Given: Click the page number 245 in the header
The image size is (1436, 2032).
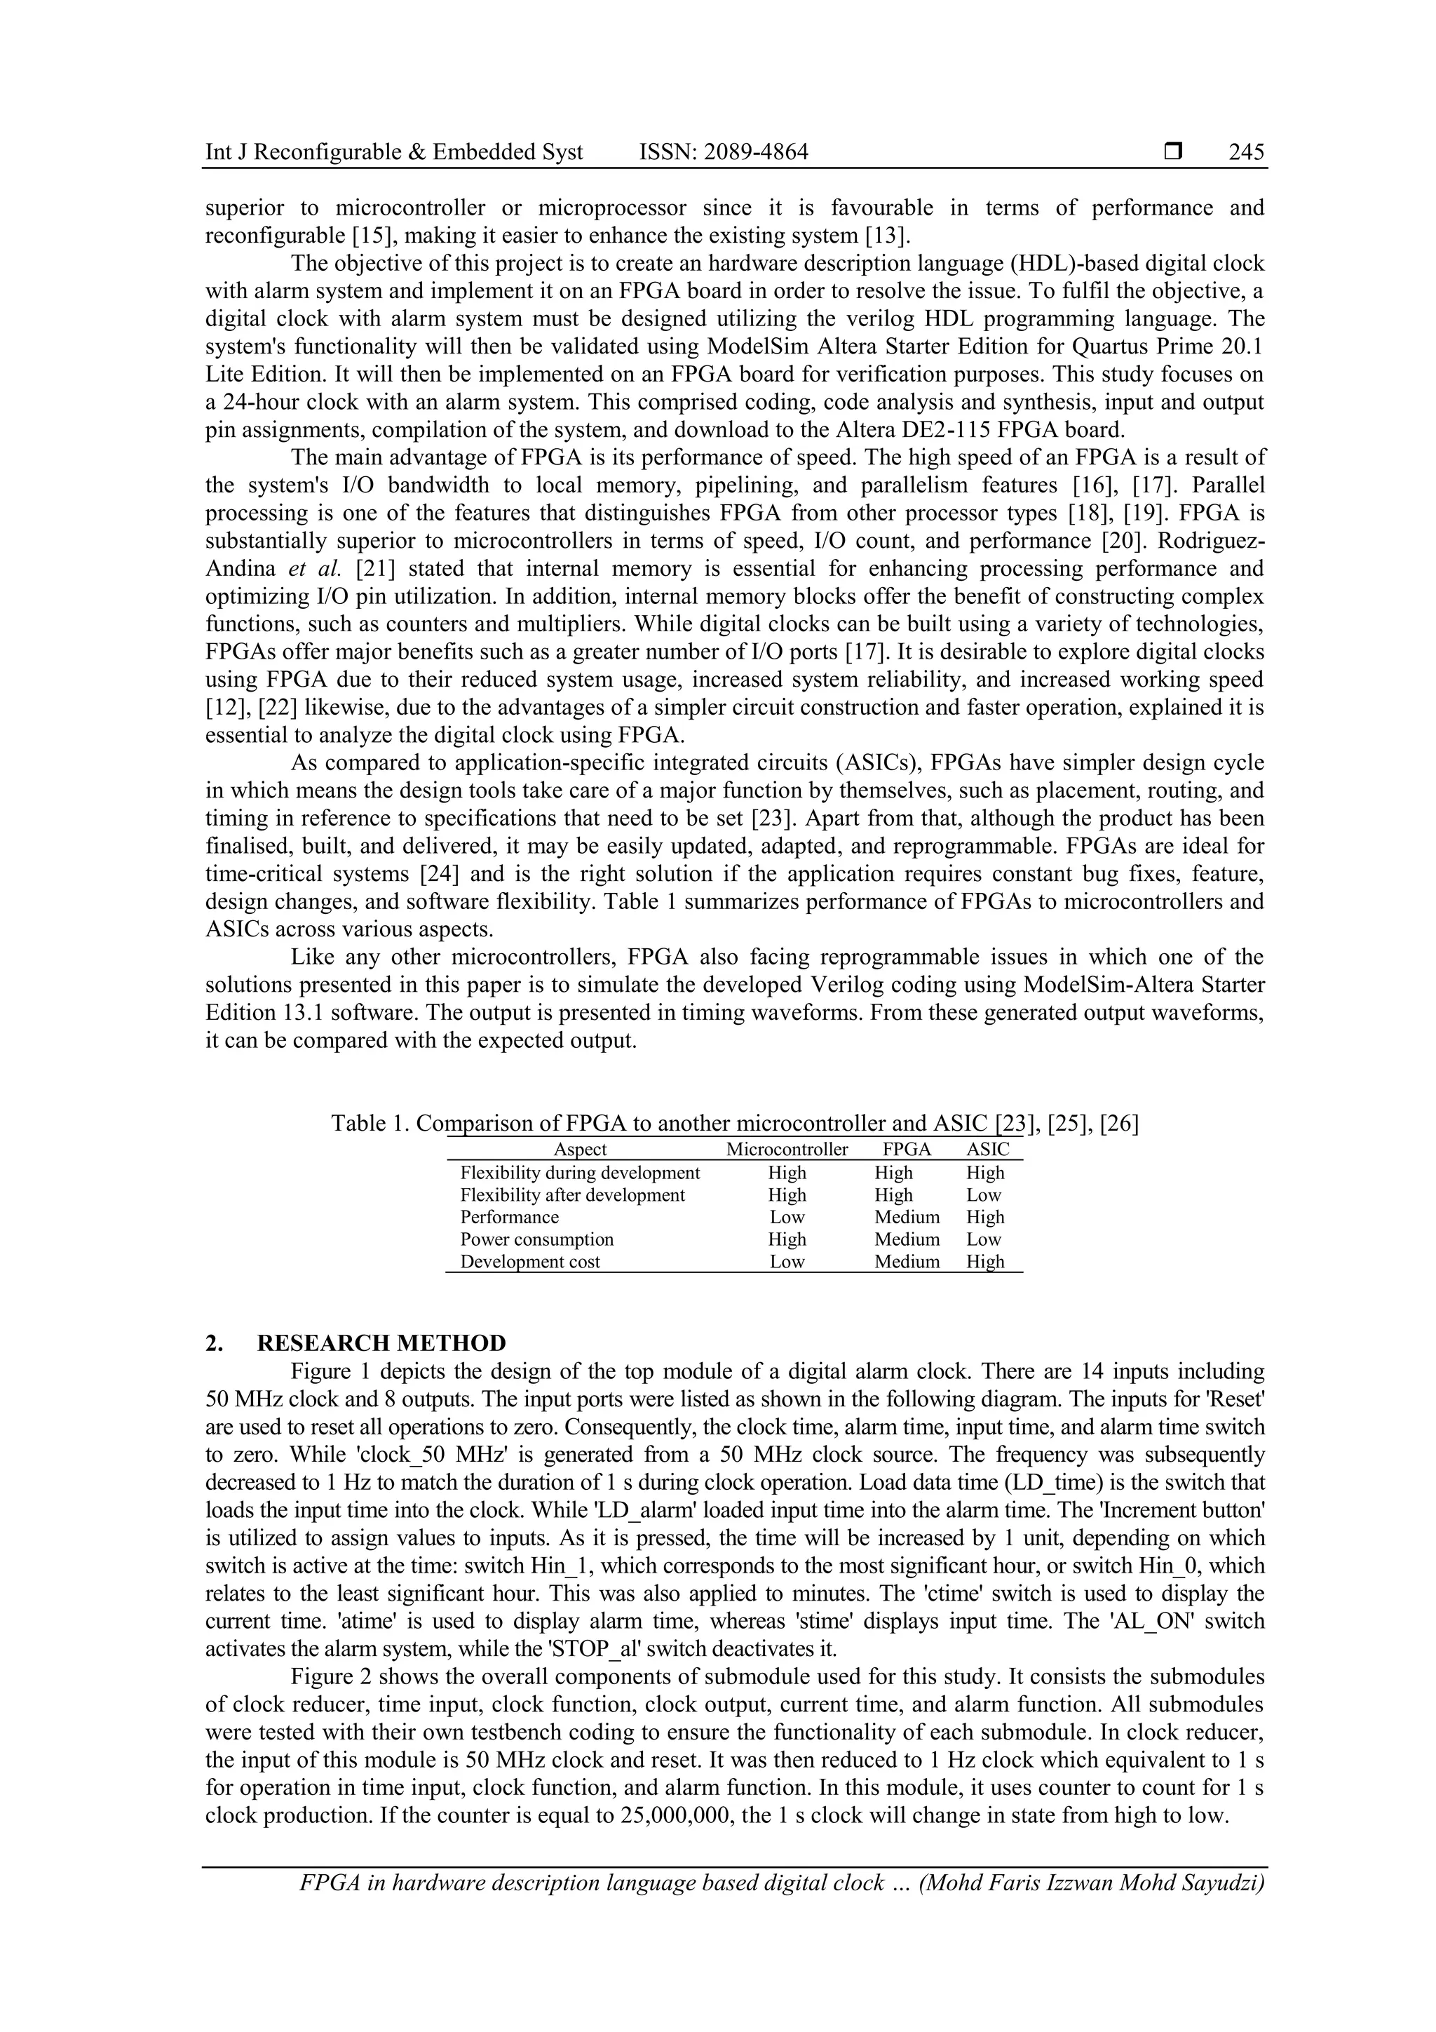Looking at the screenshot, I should (1246, 152).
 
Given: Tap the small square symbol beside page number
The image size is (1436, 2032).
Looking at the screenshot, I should (1173, 152).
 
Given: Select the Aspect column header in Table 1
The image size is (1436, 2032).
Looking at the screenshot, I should (580, 1150).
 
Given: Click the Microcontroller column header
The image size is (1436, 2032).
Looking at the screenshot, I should (787, 1150).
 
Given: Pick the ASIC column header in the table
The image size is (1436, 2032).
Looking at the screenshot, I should (987, 1150).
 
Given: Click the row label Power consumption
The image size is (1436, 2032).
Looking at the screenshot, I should (536, 1239).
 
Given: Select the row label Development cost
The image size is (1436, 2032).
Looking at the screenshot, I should (530, 1262).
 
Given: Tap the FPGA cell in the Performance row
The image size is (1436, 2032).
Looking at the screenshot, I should (907, 1217).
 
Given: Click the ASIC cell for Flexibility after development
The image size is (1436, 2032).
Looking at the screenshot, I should (984, 1195).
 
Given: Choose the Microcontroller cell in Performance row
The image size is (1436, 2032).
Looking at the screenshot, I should (787, 1217).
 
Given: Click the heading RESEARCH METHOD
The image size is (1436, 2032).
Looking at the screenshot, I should (381, 1343).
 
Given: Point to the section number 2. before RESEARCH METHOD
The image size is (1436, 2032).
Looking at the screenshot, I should (214, 1343).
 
